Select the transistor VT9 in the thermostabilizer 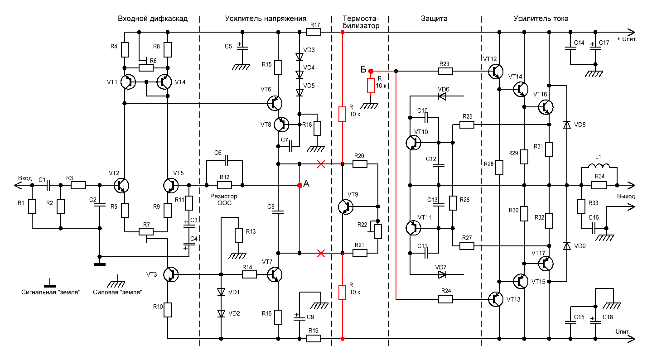pyautogui.click(x=346, y=206)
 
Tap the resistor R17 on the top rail pyautogui.click(x=314, y=32)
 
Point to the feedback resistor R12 pyautogui.click(x=224, y=185)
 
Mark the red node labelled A pyautogui.click(x=299, y=185)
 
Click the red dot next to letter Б pyautogui.click(x=371, y=71)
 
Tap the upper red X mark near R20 pyautogui.click(x=321, y=163)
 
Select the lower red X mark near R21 pyautogui.click(x=321, y=253)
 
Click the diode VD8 pyautogui.click(x=566, y=124)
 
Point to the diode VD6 pyautogui.click(x=441, y=96)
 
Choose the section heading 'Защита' pyautogui.click(x=434, y=19)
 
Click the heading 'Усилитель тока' pyautogui.click(x=541, y=19)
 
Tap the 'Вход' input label pyautogui.click(x=25, y=178)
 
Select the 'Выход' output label pyautogui.click(x=626, y=197)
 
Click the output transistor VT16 pyautogui.click(x=546, y=107)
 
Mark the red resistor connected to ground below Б pyautogui.click(x=371, y=86)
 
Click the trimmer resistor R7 pyautogui.click(x=146, y=231)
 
